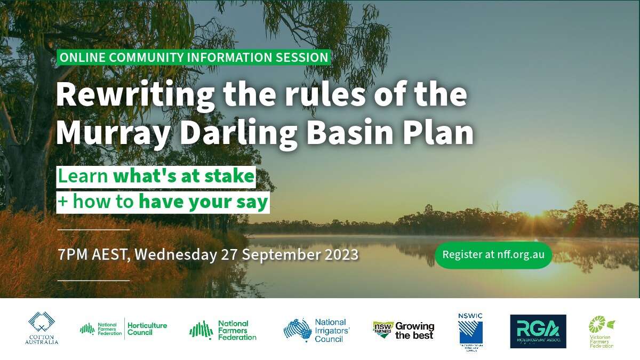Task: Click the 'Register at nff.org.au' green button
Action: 493,254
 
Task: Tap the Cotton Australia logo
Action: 42,328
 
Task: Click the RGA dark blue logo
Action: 538,331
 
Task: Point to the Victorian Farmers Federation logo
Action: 601,331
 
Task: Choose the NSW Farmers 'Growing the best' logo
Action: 403,330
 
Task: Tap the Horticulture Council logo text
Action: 147,329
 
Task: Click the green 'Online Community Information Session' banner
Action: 194,57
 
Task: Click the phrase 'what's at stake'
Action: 184,177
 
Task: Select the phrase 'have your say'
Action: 203,202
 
